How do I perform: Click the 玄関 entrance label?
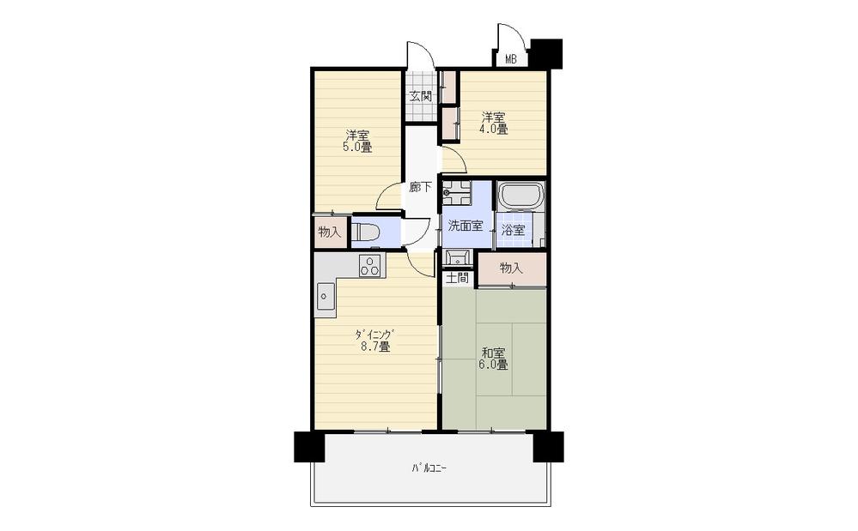point(421,97)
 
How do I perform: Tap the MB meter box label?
point(510,59)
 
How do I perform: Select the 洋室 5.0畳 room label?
point(356,141)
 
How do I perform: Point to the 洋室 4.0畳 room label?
point(494,123)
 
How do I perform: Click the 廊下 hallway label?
point(420,187)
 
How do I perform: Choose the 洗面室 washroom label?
point(466,225)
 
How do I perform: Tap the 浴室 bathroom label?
point(514,230)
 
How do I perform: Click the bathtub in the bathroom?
point(520,195)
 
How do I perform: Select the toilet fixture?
point(366,232)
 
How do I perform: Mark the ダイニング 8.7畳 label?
point(374,340)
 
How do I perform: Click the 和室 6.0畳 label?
point(493,359)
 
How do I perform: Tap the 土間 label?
point(458,278)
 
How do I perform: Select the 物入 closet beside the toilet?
point(330,232)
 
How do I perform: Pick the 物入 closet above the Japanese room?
point(512,269)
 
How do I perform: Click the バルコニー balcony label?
point(429,468)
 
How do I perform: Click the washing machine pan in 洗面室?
point(456,193)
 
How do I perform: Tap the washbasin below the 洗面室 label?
point(458,257)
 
